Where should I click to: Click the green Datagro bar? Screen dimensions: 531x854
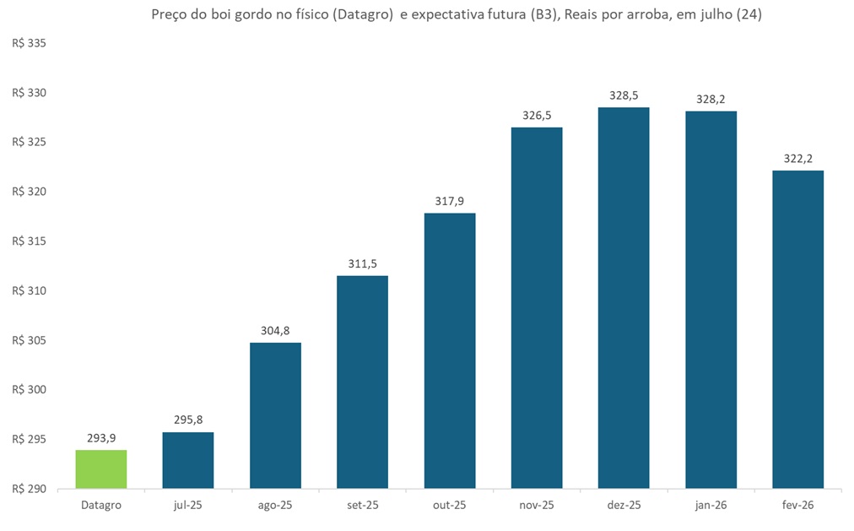(x=101, y=469)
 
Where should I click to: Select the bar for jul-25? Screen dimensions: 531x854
(x=188, y=460)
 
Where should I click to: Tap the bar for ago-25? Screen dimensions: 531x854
(x=275, y=415)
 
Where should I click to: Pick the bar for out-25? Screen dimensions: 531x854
(x=450, y=350)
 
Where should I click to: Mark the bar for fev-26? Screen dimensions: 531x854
(x=797, y=329)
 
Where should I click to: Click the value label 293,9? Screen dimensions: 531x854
(x=101, y=438)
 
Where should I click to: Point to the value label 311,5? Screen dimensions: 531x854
(x=362, y=263)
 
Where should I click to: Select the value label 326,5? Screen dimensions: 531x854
(x=537, y=115)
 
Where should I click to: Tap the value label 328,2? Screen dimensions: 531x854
(x=711, y=99)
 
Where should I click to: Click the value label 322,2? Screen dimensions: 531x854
(x=797, y=158)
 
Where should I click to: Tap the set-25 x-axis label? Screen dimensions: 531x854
(x=362, y=506)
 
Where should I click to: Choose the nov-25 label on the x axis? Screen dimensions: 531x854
(x=537, y=506)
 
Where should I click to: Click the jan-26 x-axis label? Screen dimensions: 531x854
(x=711, y=506)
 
